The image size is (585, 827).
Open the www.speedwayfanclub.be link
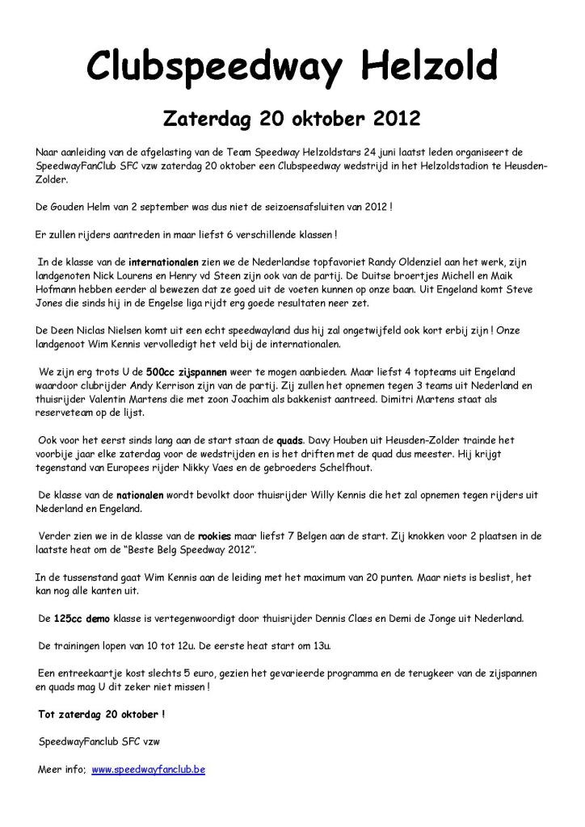click(x=148, y=770)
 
